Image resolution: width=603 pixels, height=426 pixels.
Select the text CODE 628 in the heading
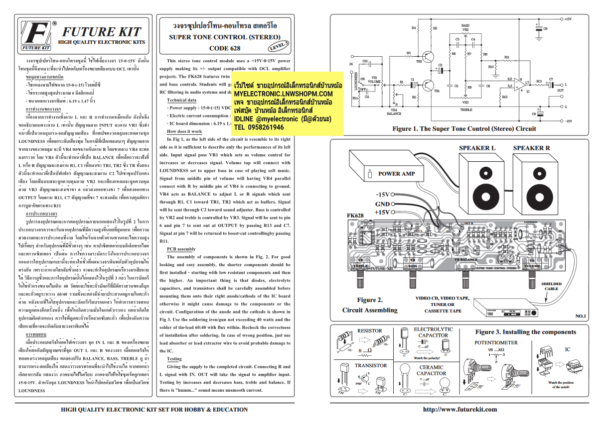[224, 48]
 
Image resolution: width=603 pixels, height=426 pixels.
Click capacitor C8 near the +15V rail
[539, 29]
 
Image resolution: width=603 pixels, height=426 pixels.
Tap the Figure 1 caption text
[463, 128]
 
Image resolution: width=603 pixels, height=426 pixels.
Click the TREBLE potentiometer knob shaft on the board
[360, 283]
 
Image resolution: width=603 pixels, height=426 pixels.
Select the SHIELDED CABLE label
[551, 287]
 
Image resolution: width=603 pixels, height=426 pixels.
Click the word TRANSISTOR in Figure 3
[370, 366]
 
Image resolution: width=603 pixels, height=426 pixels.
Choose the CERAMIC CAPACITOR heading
[431, 370]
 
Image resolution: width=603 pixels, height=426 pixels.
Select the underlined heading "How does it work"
[184, 131]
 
